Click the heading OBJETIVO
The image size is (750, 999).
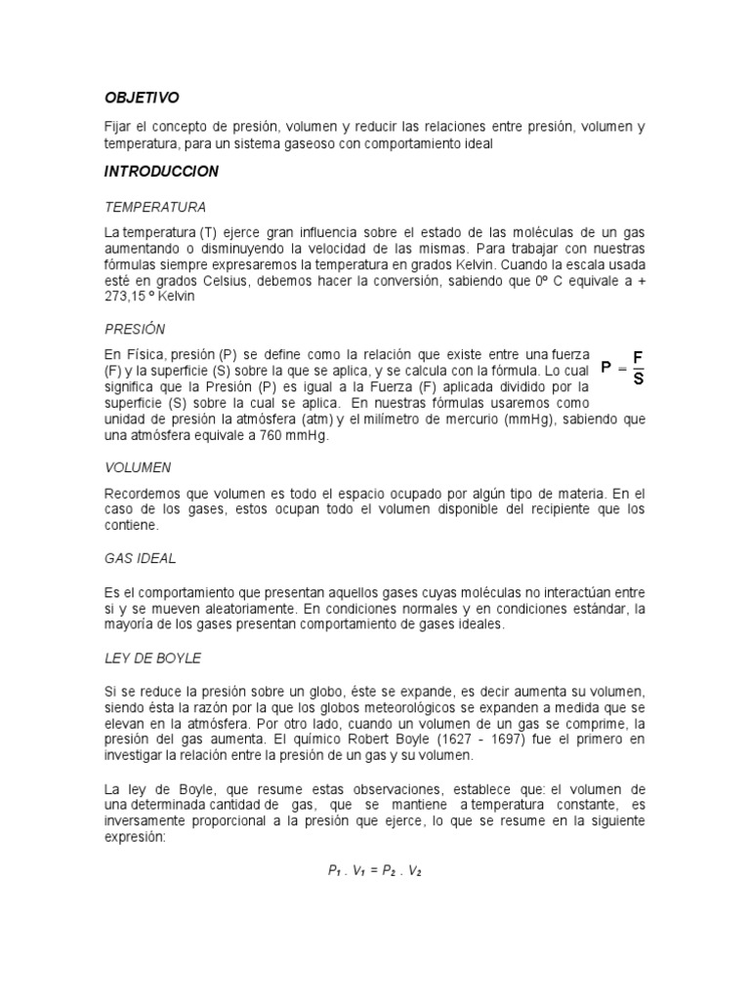coord(143,98)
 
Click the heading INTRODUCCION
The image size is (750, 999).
coord(161,172)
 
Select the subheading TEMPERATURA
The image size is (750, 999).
coord(154,208)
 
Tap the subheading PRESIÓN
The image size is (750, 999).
coord(135,329)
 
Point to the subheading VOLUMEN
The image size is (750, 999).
coord(138,467)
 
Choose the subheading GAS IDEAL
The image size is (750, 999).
coord(140,558)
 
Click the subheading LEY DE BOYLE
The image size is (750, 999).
coord(152,658)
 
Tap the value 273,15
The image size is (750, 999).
coord(125,299)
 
